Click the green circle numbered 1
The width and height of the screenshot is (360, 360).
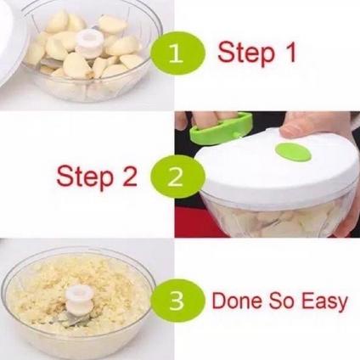(177, 53)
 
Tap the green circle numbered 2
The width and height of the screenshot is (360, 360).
(177, 177)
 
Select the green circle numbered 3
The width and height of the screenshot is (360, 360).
(177, 301)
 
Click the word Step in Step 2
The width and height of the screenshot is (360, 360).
(85, 177)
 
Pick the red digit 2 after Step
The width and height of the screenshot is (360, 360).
(129, 176)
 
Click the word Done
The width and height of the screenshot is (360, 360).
(238, 301)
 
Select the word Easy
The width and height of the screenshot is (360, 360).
(324, 301)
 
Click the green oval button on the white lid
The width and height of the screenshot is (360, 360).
(293, 152)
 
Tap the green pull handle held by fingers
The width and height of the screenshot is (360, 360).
(221, 128)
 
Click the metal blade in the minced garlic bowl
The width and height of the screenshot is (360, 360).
(72, 320)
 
